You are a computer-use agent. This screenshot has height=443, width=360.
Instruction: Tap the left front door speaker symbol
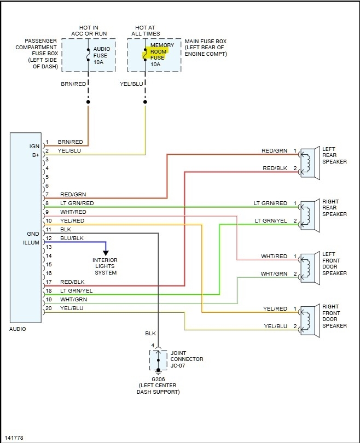(x=310, y=269)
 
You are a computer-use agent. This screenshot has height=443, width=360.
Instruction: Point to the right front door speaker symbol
(x=310, y=321)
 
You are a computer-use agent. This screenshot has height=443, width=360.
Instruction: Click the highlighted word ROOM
(x=158, y=52)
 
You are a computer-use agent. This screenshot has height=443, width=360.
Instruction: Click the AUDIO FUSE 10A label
(x=101, y=55)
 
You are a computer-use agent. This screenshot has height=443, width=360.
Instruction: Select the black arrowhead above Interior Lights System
(x=106, y=253)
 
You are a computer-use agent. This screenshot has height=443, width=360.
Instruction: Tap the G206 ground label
(x=158, y=379)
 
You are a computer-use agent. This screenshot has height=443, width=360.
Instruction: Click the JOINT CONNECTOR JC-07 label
(x=187, y=359)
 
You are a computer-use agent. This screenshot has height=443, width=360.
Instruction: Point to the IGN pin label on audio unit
(x=34, y=147)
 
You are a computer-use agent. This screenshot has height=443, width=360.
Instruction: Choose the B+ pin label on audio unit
(x=36, y=155)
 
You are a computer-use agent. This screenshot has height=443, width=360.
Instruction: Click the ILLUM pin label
(x=31, y=243)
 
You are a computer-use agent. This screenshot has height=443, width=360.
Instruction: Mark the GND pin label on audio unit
(x=33, y=234)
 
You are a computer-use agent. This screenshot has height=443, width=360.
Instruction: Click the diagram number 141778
(x=14, y=438)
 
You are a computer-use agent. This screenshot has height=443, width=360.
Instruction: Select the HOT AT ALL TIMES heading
(x=145, y=31)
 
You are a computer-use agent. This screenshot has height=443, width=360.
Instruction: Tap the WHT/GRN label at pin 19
(x=73, y=300)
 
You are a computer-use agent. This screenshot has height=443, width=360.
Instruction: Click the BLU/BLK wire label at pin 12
(x=72, y=238)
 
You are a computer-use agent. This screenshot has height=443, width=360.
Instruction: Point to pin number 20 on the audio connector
(x=49, y=308)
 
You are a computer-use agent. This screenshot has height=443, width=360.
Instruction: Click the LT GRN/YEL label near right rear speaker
(x=271, y=220)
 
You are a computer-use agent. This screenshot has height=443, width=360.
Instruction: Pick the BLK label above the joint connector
(x=150, y=334)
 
